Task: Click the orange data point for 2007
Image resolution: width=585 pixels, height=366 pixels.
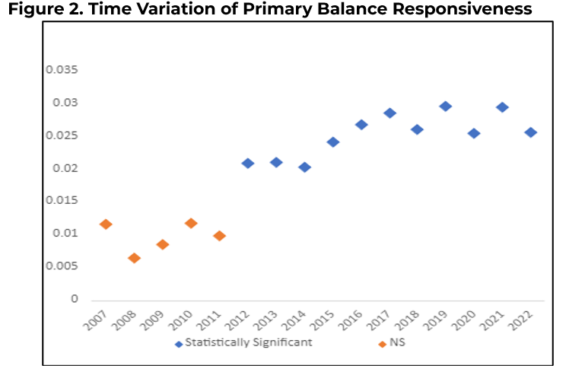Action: coord(106,224)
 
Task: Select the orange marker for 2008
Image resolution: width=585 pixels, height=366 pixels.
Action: coord(134,258)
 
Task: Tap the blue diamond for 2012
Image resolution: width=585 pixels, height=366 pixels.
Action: coord(247,163)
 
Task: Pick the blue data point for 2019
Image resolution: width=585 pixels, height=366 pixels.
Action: coord(445,106)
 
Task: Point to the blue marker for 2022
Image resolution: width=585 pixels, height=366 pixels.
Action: coord(530,132)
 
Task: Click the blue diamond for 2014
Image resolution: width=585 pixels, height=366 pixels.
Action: coord(304,167)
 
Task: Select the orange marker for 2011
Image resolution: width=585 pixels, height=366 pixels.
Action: coord(219,235)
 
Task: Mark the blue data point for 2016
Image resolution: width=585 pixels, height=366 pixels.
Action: coord(361,124)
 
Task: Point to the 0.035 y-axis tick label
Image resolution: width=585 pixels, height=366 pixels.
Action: coord(62,70)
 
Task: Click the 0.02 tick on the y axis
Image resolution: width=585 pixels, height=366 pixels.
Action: coord(65,168)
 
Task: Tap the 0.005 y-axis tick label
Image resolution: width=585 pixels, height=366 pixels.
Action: coord(62,266)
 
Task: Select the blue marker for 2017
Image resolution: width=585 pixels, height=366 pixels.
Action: coord(389,113)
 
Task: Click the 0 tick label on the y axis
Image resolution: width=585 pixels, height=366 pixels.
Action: coord(75,298)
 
